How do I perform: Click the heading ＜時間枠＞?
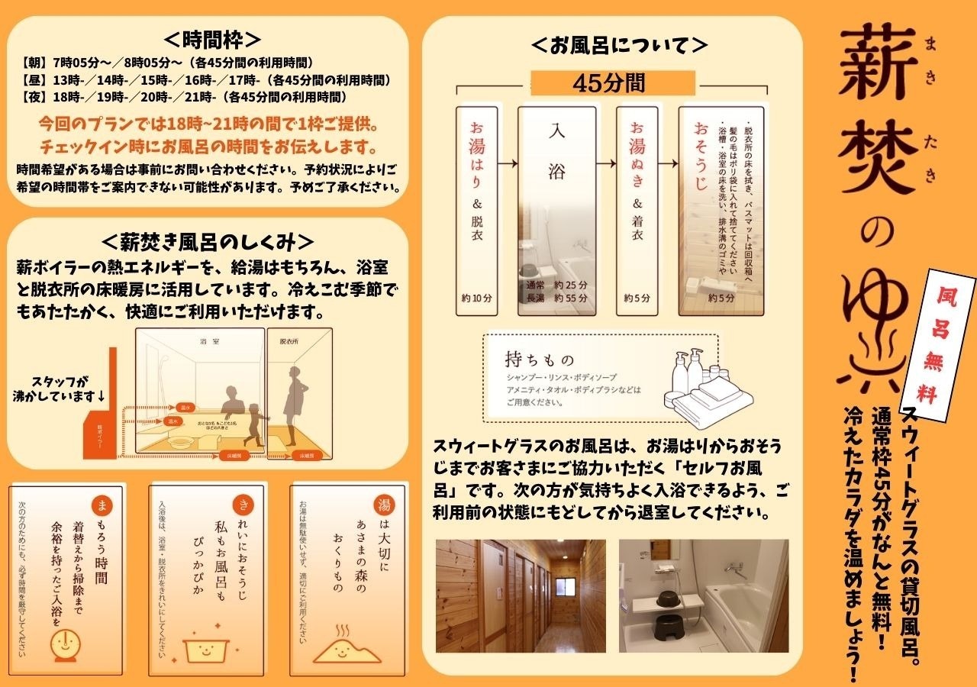pyautogui.click(x=212, y=40)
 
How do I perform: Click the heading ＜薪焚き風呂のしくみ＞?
pyautogui.click(x=208, y=241)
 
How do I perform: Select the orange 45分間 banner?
pyautogui.click(x=613, y=82)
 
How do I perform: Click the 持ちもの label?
pyautogui.click(x=539, y=359)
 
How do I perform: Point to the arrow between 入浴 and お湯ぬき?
pyautogui.click(x=606, y=163)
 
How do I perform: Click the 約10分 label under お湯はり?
pyautogui.click(x=476, y=298)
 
